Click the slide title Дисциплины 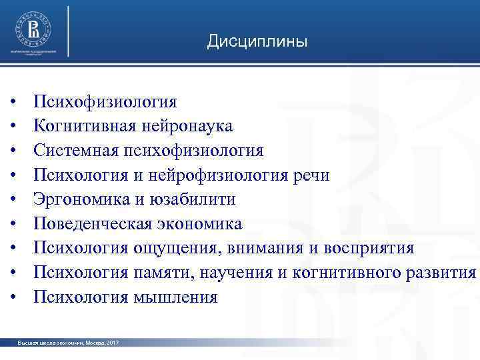[257, 42]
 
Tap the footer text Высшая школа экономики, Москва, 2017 [69, 343]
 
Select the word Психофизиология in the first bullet [106, 102]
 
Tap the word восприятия [369, 248]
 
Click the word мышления [175, 297]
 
